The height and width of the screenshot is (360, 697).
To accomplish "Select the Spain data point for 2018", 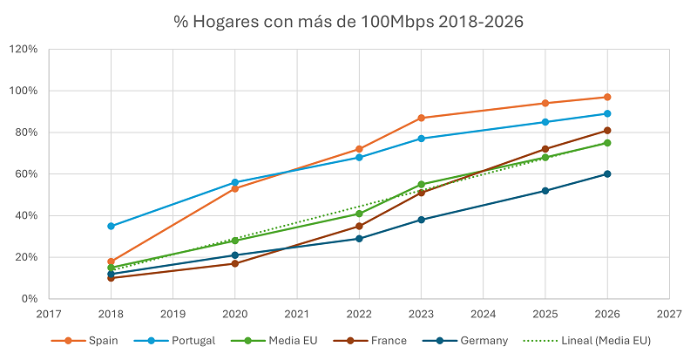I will (112, 262).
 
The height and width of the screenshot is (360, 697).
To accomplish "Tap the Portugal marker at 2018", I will (112, 226).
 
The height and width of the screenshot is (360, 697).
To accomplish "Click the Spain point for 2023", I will (421, 118).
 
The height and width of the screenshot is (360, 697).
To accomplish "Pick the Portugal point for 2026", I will (607, 113).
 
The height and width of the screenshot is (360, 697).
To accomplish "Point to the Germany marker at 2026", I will (607, 173).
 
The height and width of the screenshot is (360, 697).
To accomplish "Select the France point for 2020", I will (235, 263).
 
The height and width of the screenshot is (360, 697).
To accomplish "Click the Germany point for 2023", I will (421, 220).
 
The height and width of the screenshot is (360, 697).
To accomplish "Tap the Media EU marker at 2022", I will (359, 214).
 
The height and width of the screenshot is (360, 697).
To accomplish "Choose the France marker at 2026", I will (607, 131).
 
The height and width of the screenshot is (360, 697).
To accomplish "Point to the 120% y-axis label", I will (23, 50).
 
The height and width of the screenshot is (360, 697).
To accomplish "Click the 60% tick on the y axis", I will (26, 174).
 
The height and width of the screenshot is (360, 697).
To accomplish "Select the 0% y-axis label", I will (29, 299).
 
